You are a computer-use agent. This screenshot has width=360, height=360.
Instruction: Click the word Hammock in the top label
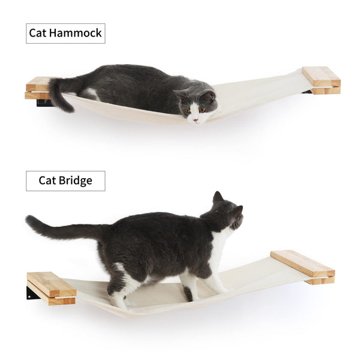click(x=77, y=33)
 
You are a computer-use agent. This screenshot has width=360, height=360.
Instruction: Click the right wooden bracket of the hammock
click(x=322, y=80)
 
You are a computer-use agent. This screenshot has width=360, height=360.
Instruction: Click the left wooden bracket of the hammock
click(x=38, y=88)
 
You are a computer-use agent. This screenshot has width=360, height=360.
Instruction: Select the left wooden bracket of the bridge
click(x=52, y=287)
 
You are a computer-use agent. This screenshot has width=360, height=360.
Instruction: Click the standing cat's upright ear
click(x=217, y=197)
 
